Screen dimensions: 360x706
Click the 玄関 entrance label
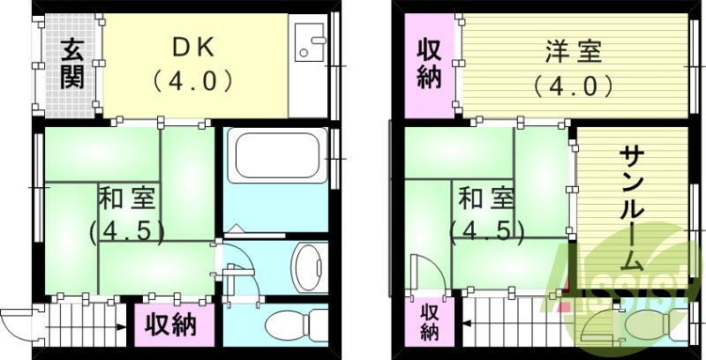pos(71,63)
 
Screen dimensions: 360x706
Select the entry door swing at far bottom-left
pos(16,317)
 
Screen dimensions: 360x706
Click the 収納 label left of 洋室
pos(429,64)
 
